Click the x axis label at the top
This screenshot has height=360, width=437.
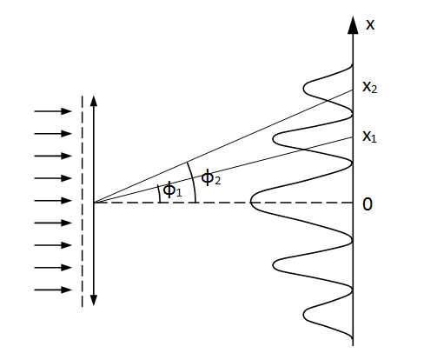(370, 24)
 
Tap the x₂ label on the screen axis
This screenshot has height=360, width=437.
(370, 87)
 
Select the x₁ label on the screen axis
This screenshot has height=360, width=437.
(369, 137)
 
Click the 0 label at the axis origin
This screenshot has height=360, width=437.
(367, 204)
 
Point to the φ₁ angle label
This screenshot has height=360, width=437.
(172, 190)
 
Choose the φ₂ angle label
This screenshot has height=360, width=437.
(211, 177)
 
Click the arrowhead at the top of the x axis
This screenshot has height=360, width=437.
(353, 25)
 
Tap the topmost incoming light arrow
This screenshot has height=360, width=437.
(53, 111)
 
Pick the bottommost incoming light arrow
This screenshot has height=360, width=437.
(53, 290)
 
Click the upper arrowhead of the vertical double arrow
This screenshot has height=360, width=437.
(93, 101)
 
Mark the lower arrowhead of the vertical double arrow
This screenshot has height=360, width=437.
(93, 300)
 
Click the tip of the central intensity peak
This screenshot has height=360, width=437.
(250, 202)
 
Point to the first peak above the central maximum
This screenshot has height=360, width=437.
(273, 139)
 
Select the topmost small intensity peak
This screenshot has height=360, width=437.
(304, 88)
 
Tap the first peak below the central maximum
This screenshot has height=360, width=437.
(273, 265)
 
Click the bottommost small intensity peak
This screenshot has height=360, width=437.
(304, 315)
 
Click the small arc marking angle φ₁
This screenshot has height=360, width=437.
(159, 193)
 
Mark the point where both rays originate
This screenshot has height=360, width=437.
(94, 203)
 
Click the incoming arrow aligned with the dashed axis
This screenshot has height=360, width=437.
(53, 200)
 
